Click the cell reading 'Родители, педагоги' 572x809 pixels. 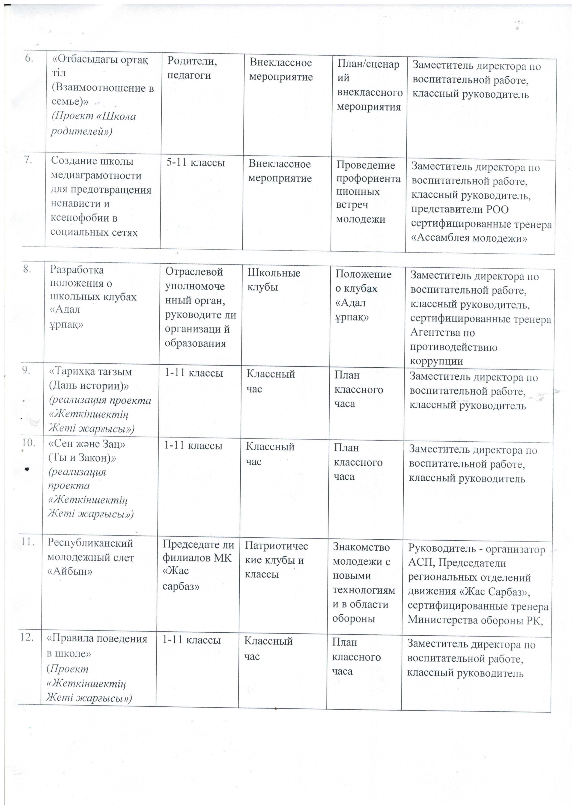192,68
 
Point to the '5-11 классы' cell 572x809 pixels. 195,163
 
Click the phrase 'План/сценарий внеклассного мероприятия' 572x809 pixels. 369,85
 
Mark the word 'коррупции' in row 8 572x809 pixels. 436,361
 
